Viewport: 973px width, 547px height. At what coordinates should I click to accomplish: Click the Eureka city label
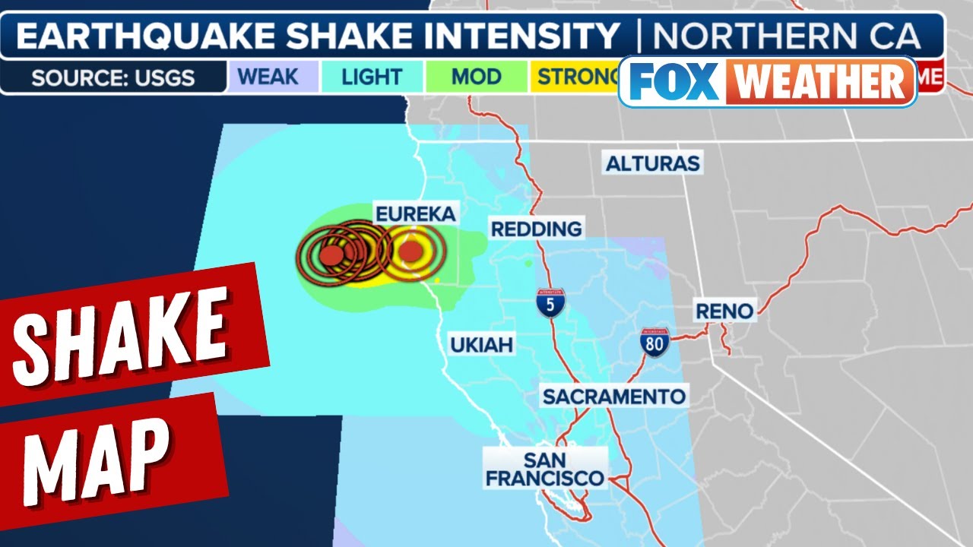[415, 213]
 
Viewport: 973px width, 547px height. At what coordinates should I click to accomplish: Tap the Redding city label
[537, 228]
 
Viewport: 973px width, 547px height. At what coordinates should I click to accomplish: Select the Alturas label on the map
[652, 162]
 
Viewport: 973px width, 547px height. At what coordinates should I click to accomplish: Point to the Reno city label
[724, 311]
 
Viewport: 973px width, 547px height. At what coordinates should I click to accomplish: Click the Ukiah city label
[481, 345]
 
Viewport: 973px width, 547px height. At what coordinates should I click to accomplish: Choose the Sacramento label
[613, 396]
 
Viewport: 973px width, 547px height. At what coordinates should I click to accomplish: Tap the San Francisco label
[545, 469]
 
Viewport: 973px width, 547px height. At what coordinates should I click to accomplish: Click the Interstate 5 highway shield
[550, 302]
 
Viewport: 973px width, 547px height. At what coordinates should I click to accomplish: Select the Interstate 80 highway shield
[654, 342]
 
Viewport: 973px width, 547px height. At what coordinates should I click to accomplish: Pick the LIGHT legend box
[372, 77]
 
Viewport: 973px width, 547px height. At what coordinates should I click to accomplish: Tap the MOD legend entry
[476, 77]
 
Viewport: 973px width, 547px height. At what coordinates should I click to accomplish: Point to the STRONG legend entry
[578, 77]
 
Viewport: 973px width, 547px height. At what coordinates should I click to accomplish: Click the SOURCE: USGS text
[113, 77]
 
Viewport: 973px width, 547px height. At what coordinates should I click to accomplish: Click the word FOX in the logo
[673, 81]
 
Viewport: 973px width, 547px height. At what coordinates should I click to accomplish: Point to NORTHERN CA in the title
[787, 36]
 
